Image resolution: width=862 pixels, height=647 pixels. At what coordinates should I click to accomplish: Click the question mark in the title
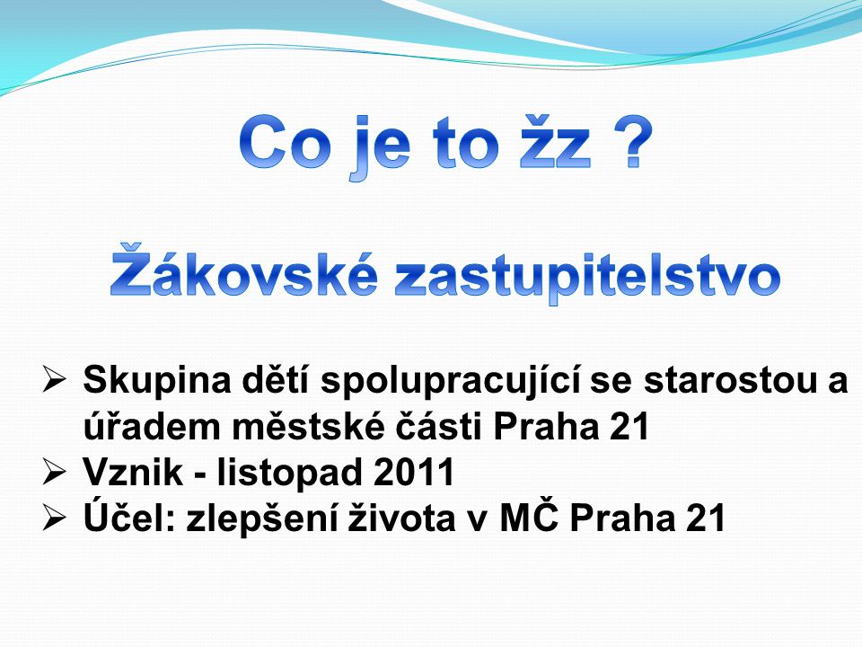(x=633, y=144)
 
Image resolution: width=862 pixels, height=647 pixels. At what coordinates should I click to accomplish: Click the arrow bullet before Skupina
(x=54, y=380)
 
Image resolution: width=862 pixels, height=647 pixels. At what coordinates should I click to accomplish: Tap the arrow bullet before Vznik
(x=54, y=473)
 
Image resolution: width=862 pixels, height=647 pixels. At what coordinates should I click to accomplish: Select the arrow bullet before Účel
(x=54, y=518)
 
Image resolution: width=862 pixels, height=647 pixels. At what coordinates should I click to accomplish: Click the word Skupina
(x=157, y=382)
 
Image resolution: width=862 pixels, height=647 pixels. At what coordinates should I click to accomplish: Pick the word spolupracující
(x=450, y=382)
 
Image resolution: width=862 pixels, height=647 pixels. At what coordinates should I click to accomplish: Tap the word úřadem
(x=153, y=425)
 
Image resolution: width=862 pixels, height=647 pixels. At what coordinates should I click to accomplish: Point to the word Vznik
(x=133, y=472)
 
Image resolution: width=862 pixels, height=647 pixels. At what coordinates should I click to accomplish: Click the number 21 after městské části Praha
(x=629, y=426)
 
